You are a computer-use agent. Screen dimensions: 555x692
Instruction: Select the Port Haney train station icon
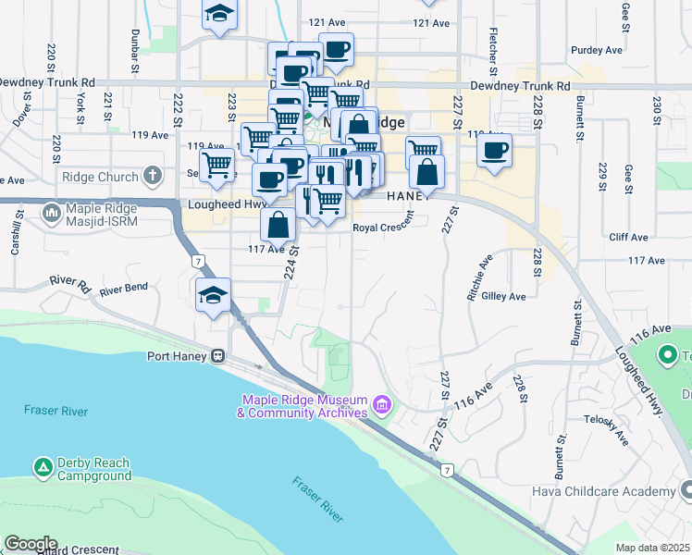(217, 355)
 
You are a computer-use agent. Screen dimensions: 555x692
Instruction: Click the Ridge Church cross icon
(153, 176)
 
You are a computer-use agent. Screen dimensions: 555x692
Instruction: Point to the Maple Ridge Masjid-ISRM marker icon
(52, 214)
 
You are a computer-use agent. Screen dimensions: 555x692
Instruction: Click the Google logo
(31, 544)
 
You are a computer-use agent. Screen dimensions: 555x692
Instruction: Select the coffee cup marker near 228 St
(495, 149)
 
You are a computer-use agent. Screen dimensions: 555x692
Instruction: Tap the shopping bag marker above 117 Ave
(278, 224)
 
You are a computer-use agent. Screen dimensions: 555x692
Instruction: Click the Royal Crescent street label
(382, 227)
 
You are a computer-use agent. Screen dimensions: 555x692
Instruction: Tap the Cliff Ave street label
(628, 237)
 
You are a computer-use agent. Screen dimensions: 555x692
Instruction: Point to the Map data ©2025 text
(652, 548)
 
